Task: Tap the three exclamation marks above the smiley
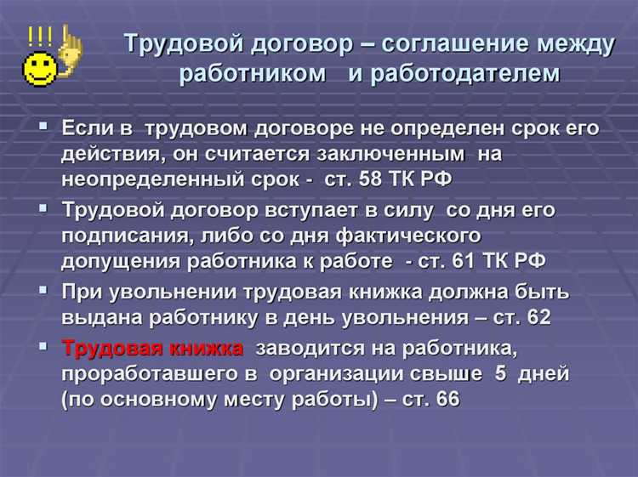(x=39, y=36)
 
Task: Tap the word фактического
(x=407, y=234)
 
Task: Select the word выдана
(x=96, y=317)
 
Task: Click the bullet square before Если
(x=43, y=126)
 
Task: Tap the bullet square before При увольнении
(x=43, y=289)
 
